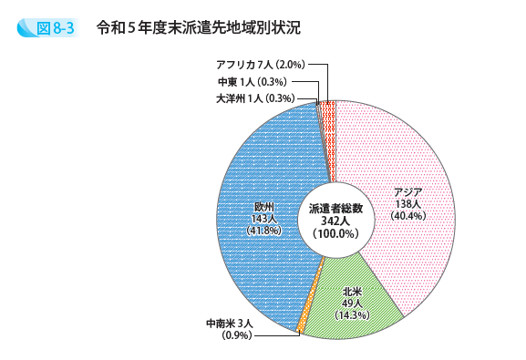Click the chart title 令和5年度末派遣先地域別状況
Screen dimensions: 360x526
[198, 27]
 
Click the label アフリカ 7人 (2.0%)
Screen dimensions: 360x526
[259, 65]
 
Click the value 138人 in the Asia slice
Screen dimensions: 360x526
[407, 204]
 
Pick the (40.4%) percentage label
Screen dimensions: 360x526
[407, 216]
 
